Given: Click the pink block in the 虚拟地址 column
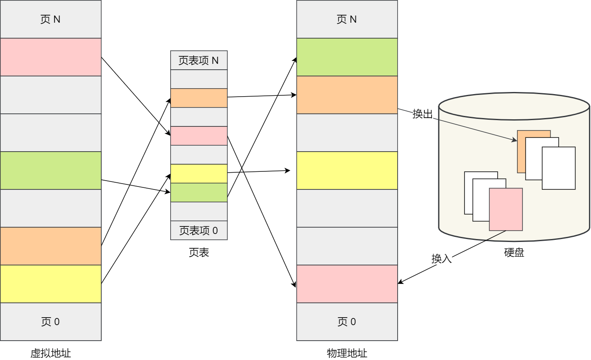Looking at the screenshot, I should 50,57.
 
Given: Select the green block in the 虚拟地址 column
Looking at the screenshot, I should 50,171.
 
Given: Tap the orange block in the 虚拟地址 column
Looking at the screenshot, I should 50,246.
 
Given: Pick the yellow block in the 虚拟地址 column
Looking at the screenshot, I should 50,284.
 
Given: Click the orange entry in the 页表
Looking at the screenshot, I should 199,98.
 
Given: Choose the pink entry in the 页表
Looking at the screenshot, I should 199,136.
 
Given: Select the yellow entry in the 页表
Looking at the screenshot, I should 199,173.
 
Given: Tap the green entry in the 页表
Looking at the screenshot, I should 199,192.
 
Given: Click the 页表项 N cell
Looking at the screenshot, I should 199,60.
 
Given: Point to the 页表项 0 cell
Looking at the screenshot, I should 199,230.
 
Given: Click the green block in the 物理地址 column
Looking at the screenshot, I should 347,57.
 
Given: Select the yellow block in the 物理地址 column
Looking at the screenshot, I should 347,171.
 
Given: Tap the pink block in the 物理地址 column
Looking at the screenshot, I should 347,284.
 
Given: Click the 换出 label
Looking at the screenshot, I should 422,114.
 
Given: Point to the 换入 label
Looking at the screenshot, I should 441,258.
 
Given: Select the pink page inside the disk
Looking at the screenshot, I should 506,209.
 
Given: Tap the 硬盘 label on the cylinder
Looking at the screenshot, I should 514,252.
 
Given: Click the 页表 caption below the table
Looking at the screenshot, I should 199,252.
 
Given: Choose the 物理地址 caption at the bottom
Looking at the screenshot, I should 347,353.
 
